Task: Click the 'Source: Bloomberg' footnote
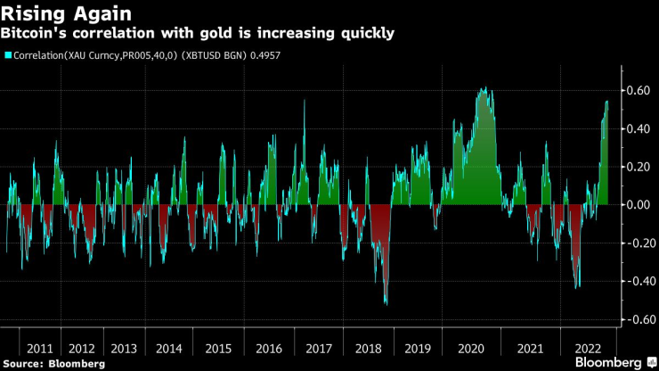click(55, 364)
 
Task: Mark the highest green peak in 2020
click(482, 88)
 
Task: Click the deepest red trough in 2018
click(386, 304)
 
